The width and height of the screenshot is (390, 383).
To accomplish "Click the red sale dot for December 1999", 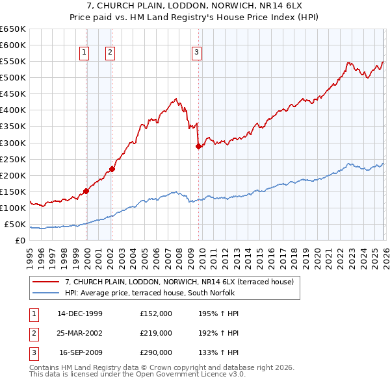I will tap(86, 191).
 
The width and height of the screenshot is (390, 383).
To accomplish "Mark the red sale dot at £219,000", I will tap(112, 169).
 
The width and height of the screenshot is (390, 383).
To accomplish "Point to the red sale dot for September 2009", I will tap(198, 146).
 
